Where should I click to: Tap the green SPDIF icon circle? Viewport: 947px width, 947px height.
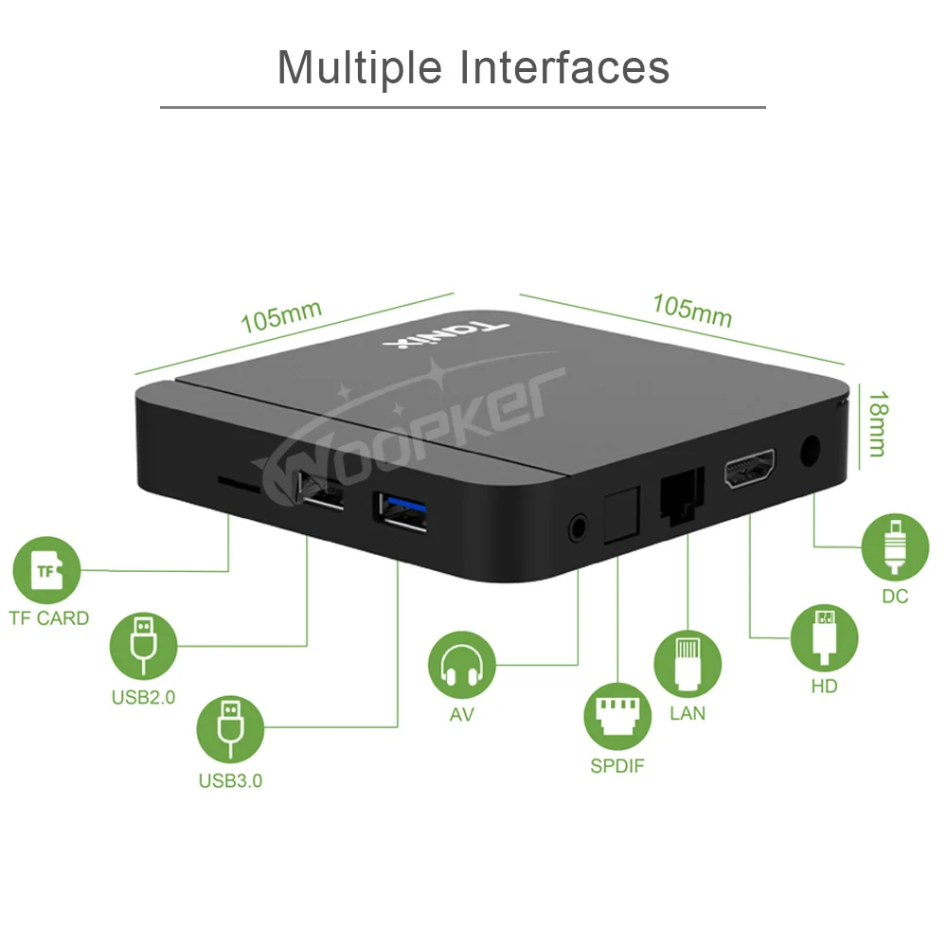pyautogui.click(x=617, y=717)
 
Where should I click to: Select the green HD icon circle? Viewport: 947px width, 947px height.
pyautogui.click(x=824, y=636)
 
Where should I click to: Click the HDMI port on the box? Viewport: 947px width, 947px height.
pyautogui.click(x=750, y=471)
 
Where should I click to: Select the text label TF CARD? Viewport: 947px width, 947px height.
pyautogui.click(x=49, y=618)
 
